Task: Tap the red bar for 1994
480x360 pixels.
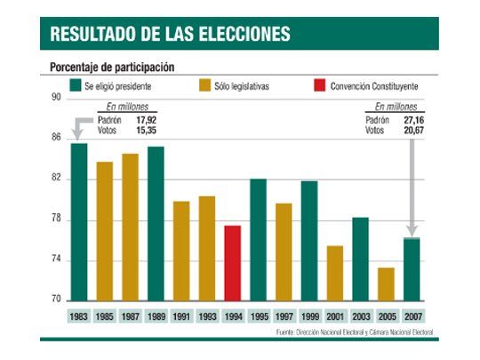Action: click(x=233, y=263)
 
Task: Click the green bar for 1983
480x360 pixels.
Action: click(x=79, y=222)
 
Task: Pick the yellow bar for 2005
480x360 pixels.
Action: click(x=385, y=284)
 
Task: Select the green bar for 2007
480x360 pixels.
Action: click(x=411, y=270)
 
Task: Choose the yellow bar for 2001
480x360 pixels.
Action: click(x=334, y=274)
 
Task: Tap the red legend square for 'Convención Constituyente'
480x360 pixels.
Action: click(x=318, y=87)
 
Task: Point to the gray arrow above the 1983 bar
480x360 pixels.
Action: click(x=78, y=127)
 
